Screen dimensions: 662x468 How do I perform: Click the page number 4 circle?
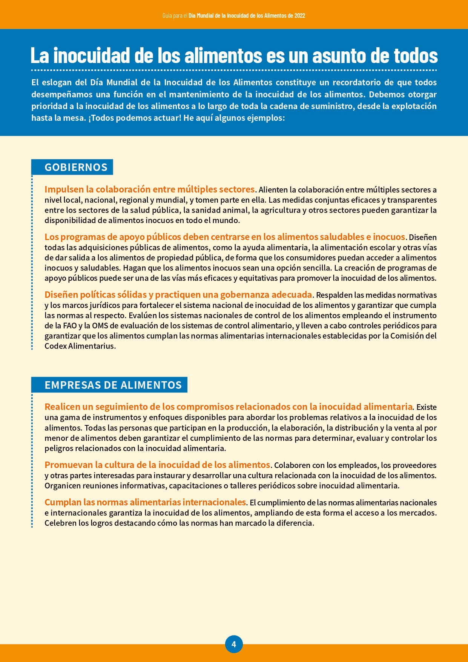coord(234,644)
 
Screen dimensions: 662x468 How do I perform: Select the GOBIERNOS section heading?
coord(76,167)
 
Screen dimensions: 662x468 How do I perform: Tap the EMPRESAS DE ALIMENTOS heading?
coord(113,385)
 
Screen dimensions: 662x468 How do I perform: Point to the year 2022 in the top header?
coord(300,15)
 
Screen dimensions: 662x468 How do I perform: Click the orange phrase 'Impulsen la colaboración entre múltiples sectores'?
coord(150,189)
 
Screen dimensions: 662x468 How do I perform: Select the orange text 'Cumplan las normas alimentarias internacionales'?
coord(145,502)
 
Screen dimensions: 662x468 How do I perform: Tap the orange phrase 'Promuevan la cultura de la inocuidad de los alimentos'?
coord(157,465)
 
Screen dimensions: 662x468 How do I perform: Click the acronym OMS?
coord(100,326)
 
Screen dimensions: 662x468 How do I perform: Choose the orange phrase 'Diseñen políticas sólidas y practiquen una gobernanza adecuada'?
coord(178,295)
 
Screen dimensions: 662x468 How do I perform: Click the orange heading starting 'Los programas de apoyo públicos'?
coord(224,237)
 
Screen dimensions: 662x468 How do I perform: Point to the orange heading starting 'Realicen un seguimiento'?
coord(228,406)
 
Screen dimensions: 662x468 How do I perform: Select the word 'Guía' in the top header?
coord(167,15)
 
